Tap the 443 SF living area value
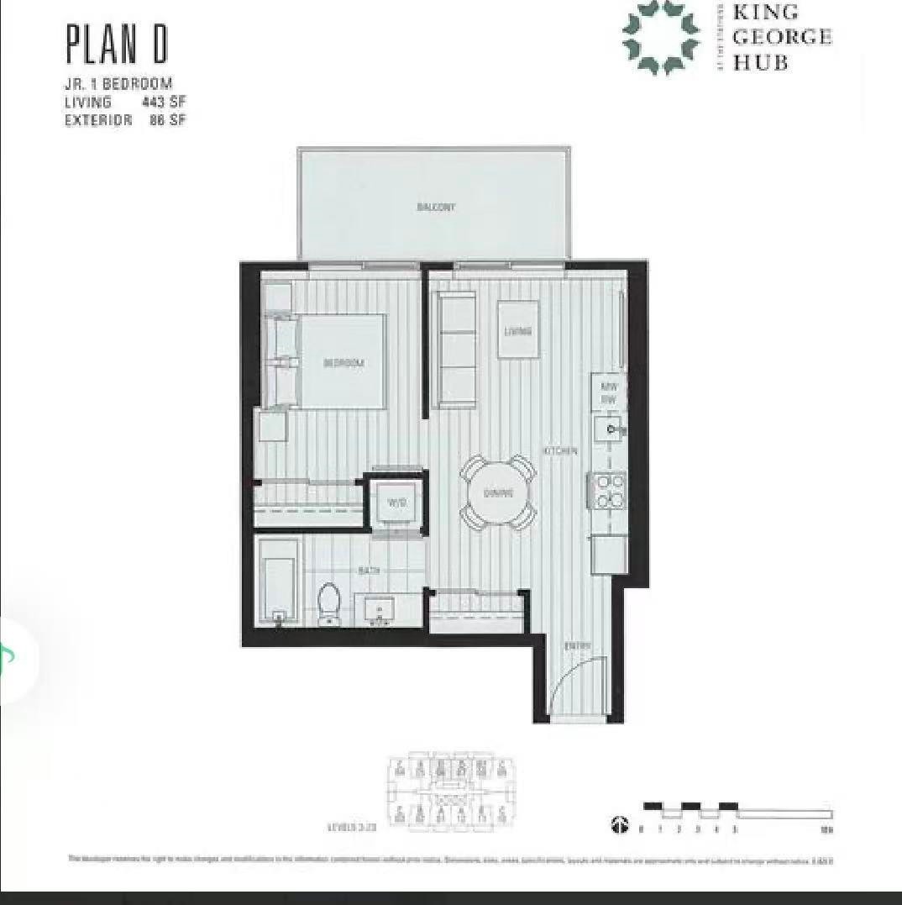[164, 103]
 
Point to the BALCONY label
[436, 207]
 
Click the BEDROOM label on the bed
[343, 363]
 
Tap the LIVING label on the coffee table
[518, 331]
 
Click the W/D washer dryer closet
[396, 503]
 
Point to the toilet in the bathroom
[328, 602]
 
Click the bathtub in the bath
[278, 581]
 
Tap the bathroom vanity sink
[380, 609]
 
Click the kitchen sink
[610, 430]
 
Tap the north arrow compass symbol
[619, 826]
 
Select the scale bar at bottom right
[737, 812]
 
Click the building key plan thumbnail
[451, 792]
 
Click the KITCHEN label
[560, 451]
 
